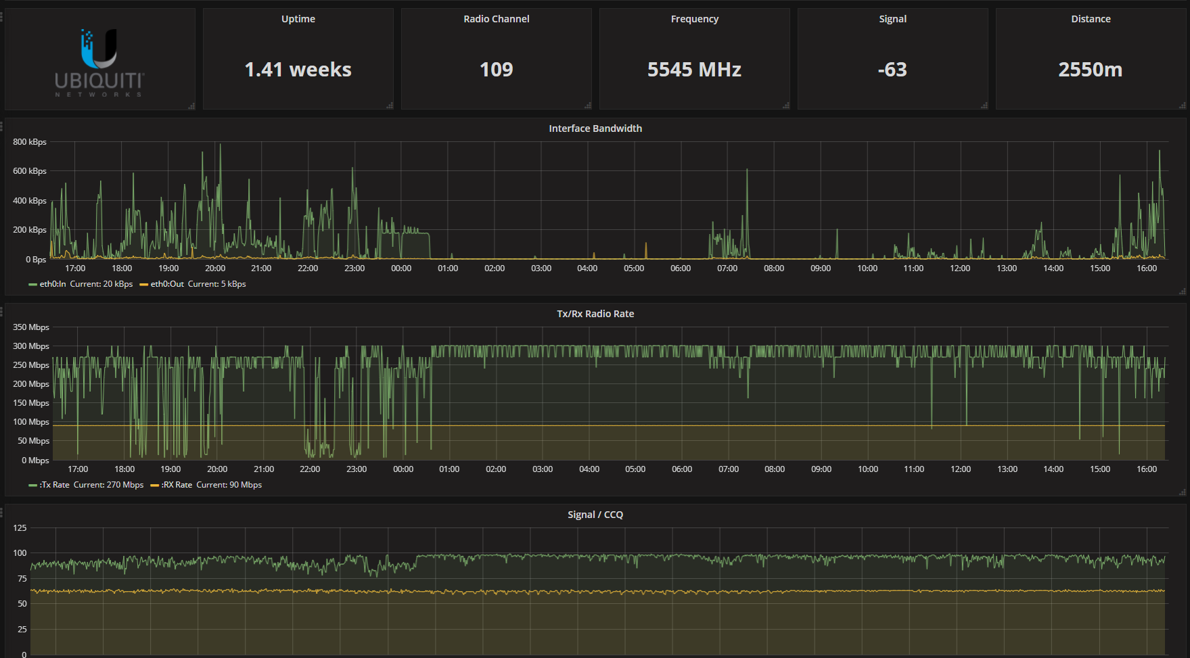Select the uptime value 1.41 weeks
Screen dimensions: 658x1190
298,70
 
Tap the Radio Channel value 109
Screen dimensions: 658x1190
496,70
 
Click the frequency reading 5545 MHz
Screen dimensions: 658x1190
694,70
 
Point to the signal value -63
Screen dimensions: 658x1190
892,70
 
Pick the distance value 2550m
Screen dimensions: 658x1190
1090,70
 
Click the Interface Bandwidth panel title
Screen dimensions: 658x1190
595,128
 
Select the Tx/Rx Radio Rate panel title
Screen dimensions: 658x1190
595,314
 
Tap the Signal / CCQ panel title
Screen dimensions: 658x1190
595,515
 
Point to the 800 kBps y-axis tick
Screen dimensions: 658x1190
30,142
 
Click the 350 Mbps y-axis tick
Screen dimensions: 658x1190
31,327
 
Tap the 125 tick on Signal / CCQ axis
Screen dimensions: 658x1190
20,528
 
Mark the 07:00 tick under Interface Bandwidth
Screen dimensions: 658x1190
727,268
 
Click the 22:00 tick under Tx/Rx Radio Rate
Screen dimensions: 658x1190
310,469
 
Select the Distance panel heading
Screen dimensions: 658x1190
1091,19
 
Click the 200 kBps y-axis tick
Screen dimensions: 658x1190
30,230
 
